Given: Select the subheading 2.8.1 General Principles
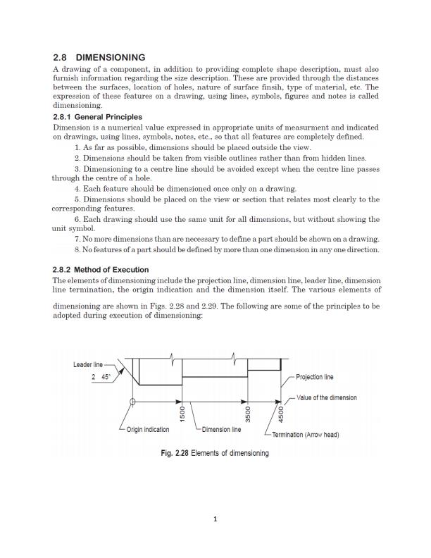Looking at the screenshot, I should (x=98, y=117).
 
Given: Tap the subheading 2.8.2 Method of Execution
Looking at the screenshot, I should (x=101, y=270).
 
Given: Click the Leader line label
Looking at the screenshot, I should (x=87, y=364).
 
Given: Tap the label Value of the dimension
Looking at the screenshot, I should (x=326, y=397).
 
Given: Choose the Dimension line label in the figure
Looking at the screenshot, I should (x=221, y=430).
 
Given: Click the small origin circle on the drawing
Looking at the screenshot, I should (x=132, y=402).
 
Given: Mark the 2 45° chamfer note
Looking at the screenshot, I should (x=101, y=377).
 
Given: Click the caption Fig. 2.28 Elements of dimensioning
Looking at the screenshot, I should (x=215, y=453).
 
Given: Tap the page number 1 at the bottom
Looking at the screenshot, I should (x=216, y=520).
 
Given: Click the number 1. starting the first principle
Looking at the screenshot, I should (x=77, y=147).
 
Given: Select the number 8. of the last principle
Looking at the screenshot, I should (x=77, y=249).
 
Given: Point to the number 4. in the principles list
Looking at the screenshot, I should (x=77, y=189).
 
